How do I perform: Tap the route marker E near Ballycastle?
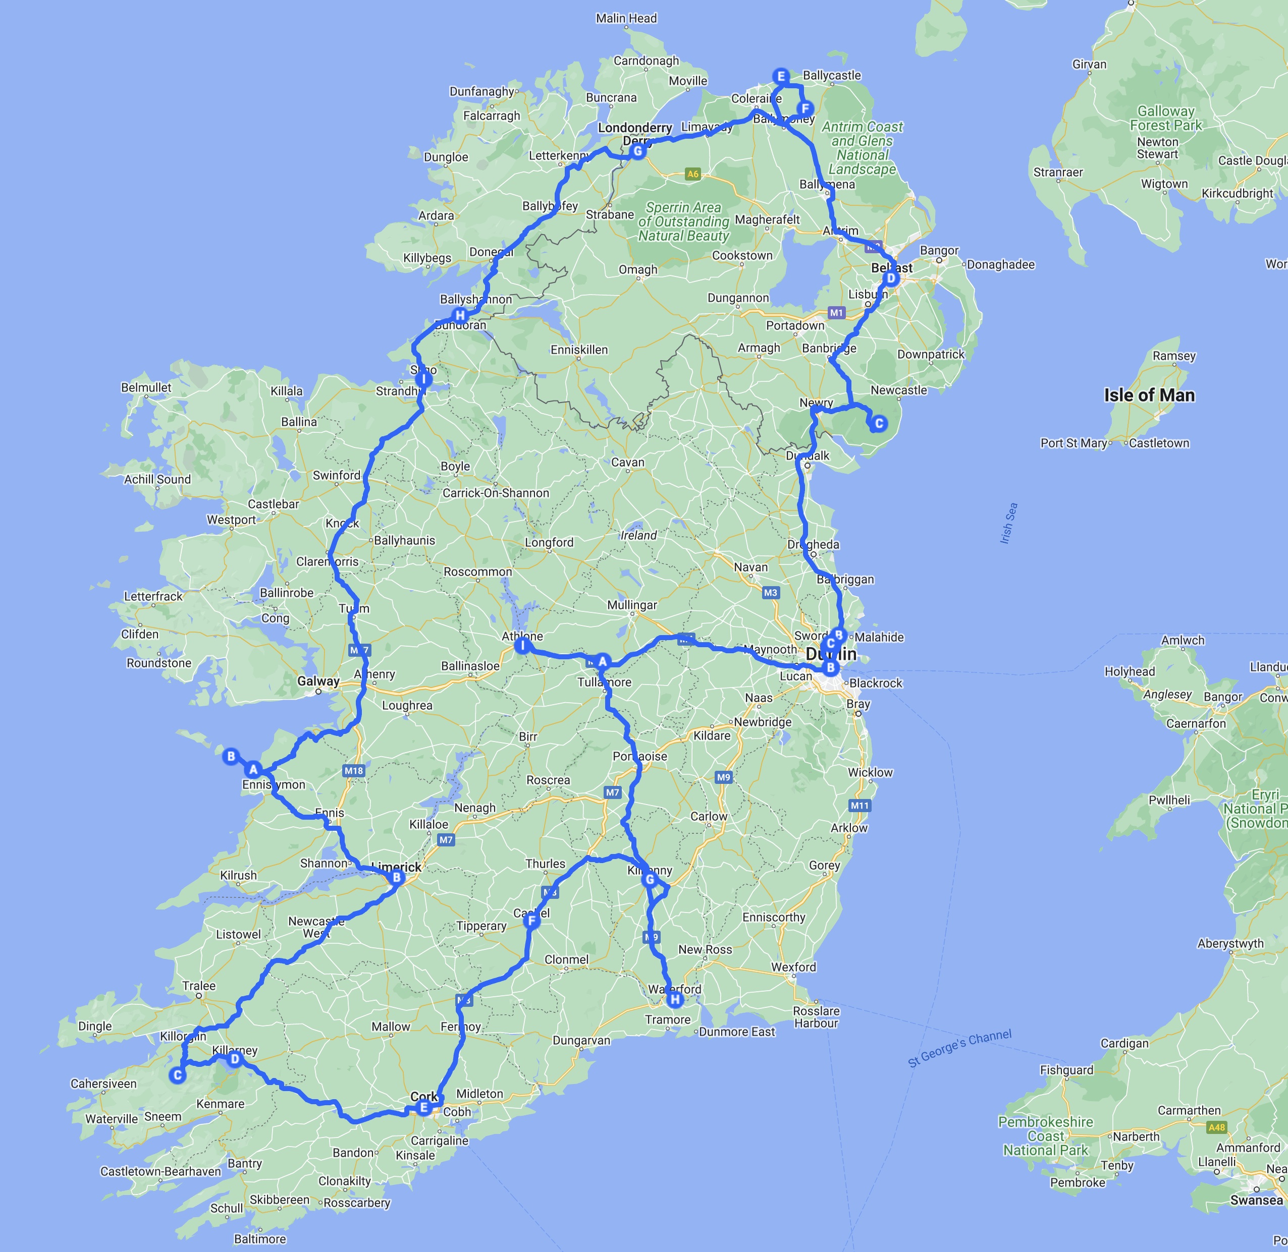[781, 76]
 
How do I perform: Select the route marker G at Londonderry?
[637, 151]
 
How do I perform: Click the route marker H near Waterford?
[674, 1000]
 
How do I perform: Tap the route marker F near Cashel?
[531, 921]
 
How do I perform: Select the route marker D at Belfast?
[891, 278]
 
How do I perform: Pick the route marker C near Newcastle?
[878, 424]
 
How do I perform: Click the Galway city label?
[318, 681]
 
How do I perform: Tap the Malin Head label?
[626, 18]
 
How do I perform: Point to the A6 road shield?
[692, 174]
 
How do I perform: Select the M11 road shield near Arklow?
[859, 806]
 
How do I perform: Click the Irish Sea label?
[1008, 524]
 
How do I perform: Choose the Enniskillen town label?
[579, 350]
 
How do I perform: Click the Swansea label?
[1256, 1200]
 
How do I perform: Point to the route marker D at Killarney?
[234, 1059]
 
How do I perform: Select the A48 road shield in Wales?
[1216, 1127]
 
